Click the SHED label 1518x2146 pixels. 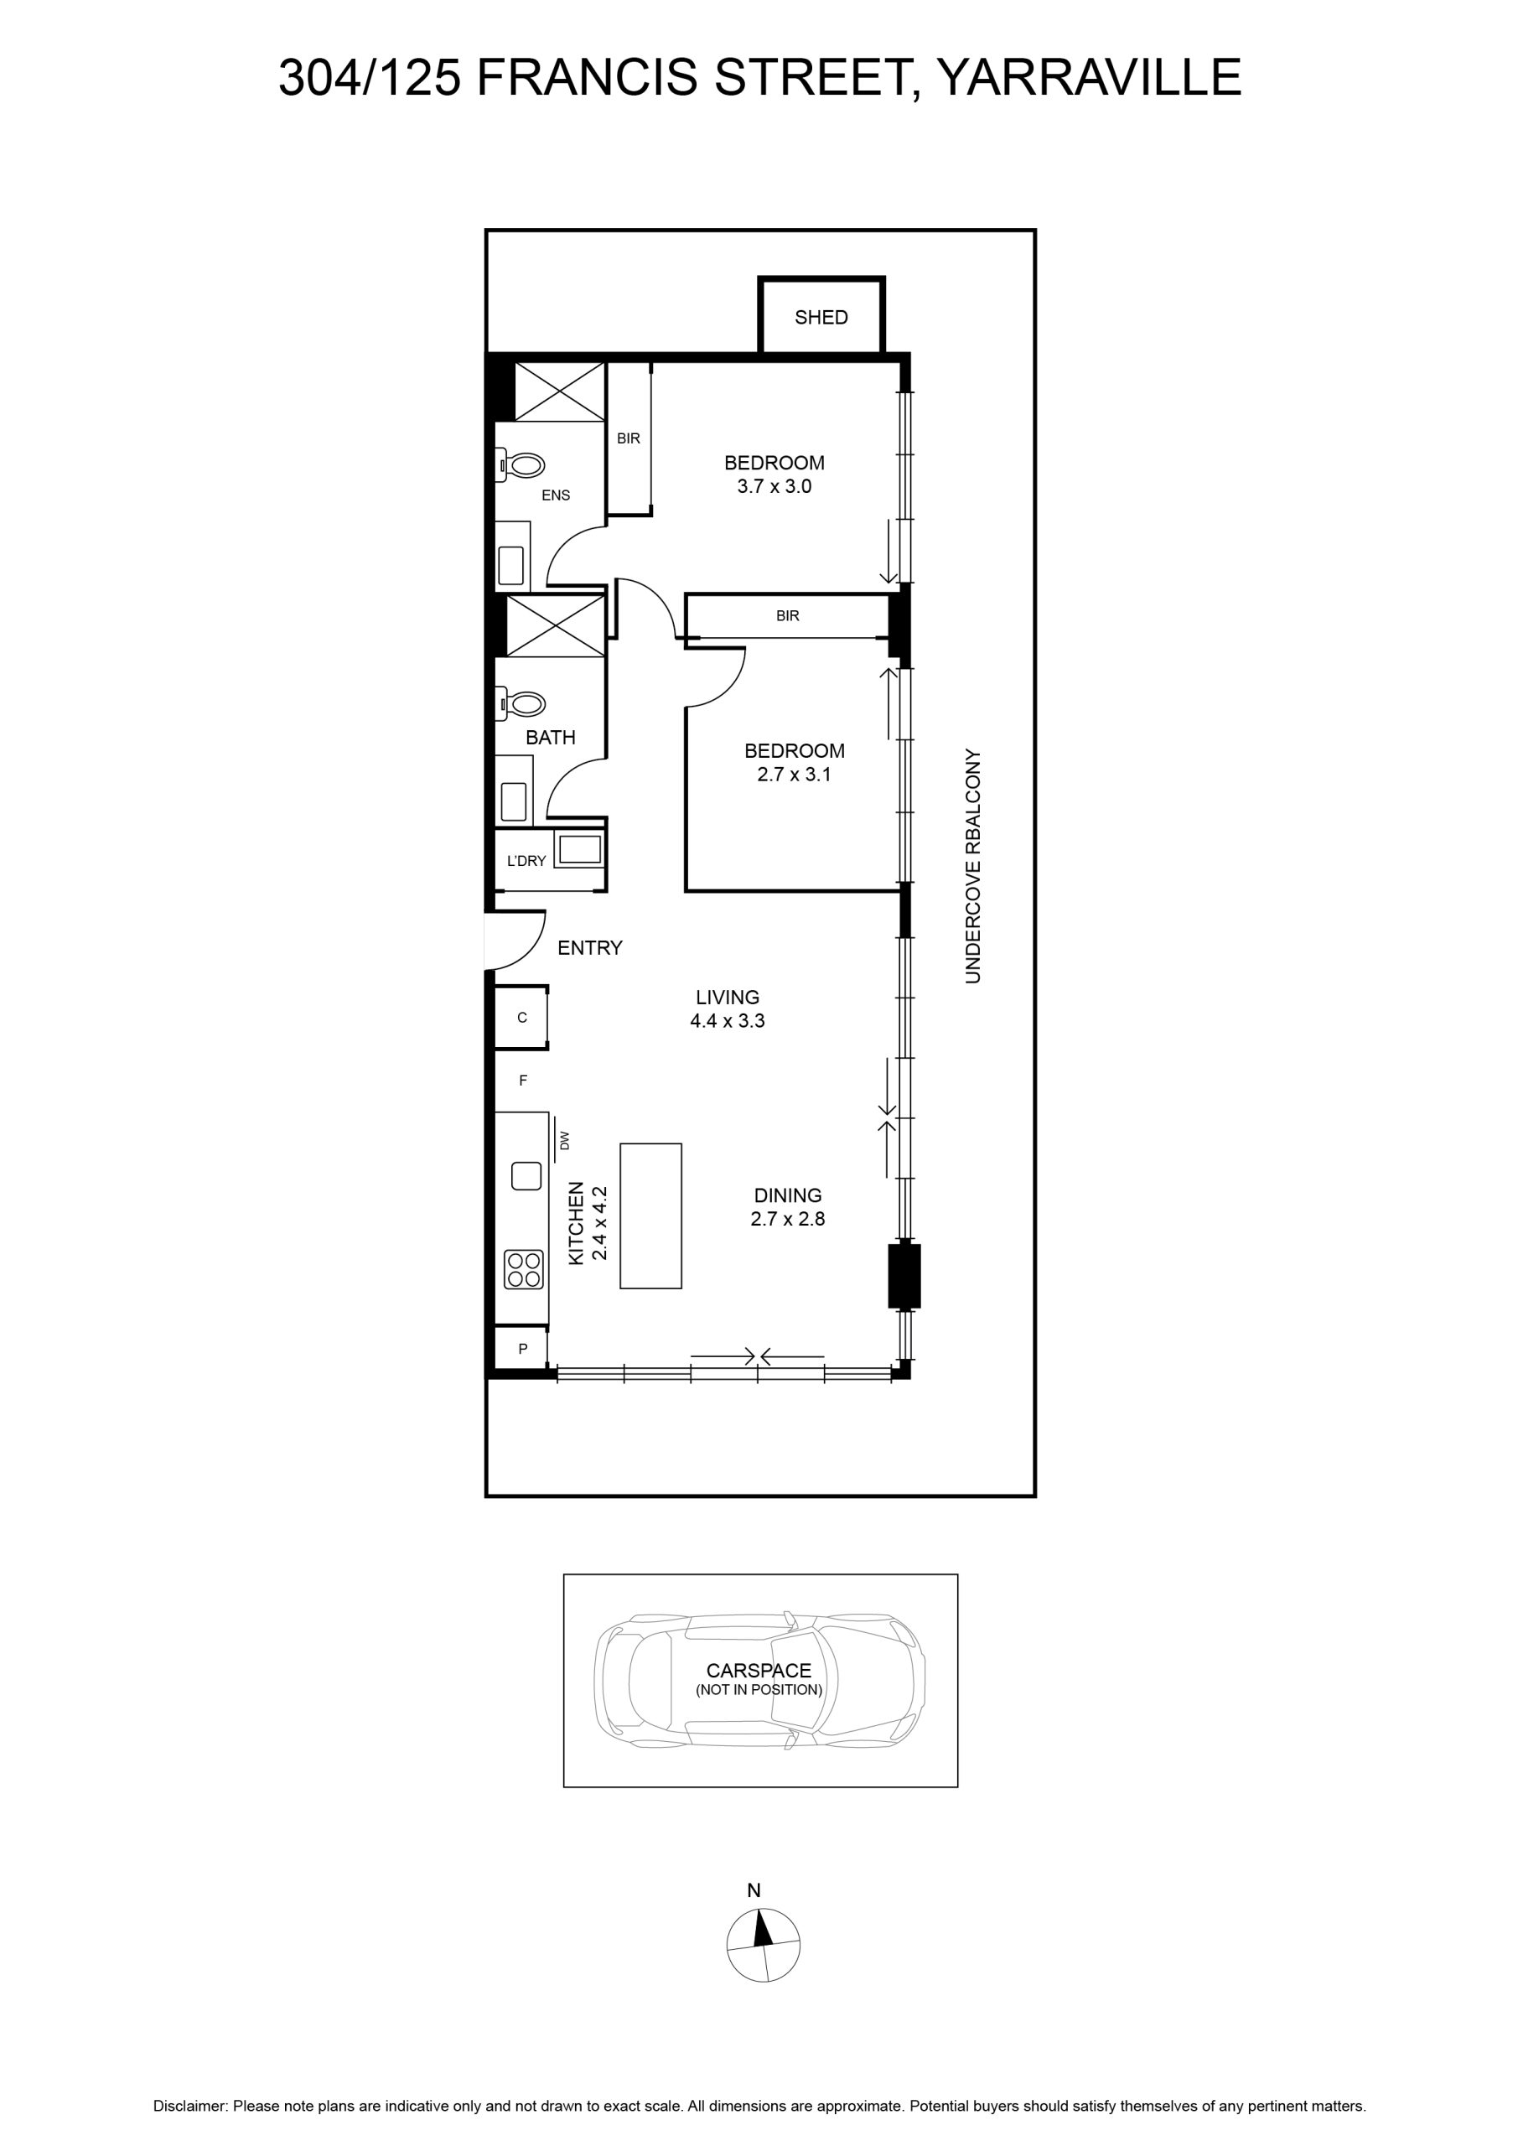pyautogui.click(x=821, y=318)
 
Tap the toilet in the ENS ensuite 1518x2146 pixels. pyautogui.click(x=521, y=464)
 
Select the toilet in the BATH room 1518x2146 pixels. pyautogui.click(x=521, y=702)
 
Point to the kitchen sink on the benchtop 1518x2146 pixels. pyautogui.click(x=526, y=1175)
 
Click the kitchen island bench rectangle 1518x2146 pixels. pyautogui.click(x=650, y=1215)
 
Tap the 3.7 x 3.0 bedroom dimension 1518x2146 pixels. pyautogui.click(x=774, y=486)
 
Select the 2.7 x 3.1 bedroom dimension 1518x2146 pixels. pyautogui.click(x=794, y=774)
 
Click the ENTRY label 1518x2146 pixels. pyautogui.click(x=590, y=948)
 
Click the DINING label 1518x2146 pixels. pyautogui.click(x=788, y=1195)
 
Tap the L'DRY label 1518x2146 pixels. pyautogui.click(x=526, y=861)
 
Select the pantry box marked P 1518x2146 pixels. pyautogui.click(x=521, y=1349)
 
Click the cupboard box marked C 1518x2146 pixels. pyautogui.click(x=521, y=1017)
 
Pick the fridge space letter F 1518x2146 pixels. pyautogui.click(x=523, y=1081)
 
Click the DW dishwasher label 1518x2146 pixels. pyautogui.click(x=563, y=1140)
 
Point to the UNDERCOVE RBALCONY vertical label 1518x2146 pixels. pyautogui.click(x=973, y=865)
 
